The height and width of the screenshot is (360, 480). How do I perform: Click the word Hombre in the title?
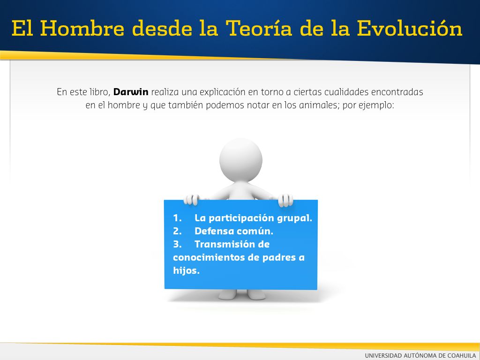82,29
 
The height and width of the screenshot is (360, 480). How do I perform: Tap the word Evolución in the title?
410,29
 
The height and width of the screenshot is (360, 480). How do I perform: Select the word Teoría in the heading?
259,29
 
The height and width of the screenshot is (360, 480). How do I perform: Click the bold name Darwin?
131,92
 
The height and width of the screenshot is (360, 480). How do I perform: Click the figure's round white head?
241,160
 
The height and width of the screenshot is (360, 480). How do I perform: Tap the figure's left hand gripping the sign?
192,200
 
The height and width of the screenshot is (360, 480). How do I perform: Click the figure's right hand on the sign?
285,200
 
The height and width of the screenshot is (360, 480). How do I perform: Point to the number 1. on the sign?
177,218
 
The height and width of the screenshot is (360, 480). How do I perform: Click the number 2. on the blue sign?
177,231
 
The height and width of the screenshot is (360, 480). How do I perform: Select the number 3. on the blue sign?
177,244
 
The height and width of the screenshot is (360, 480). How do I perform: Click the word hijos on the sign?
186,270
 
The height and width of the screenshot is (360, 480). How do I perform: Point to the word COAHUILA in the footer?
462,355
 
